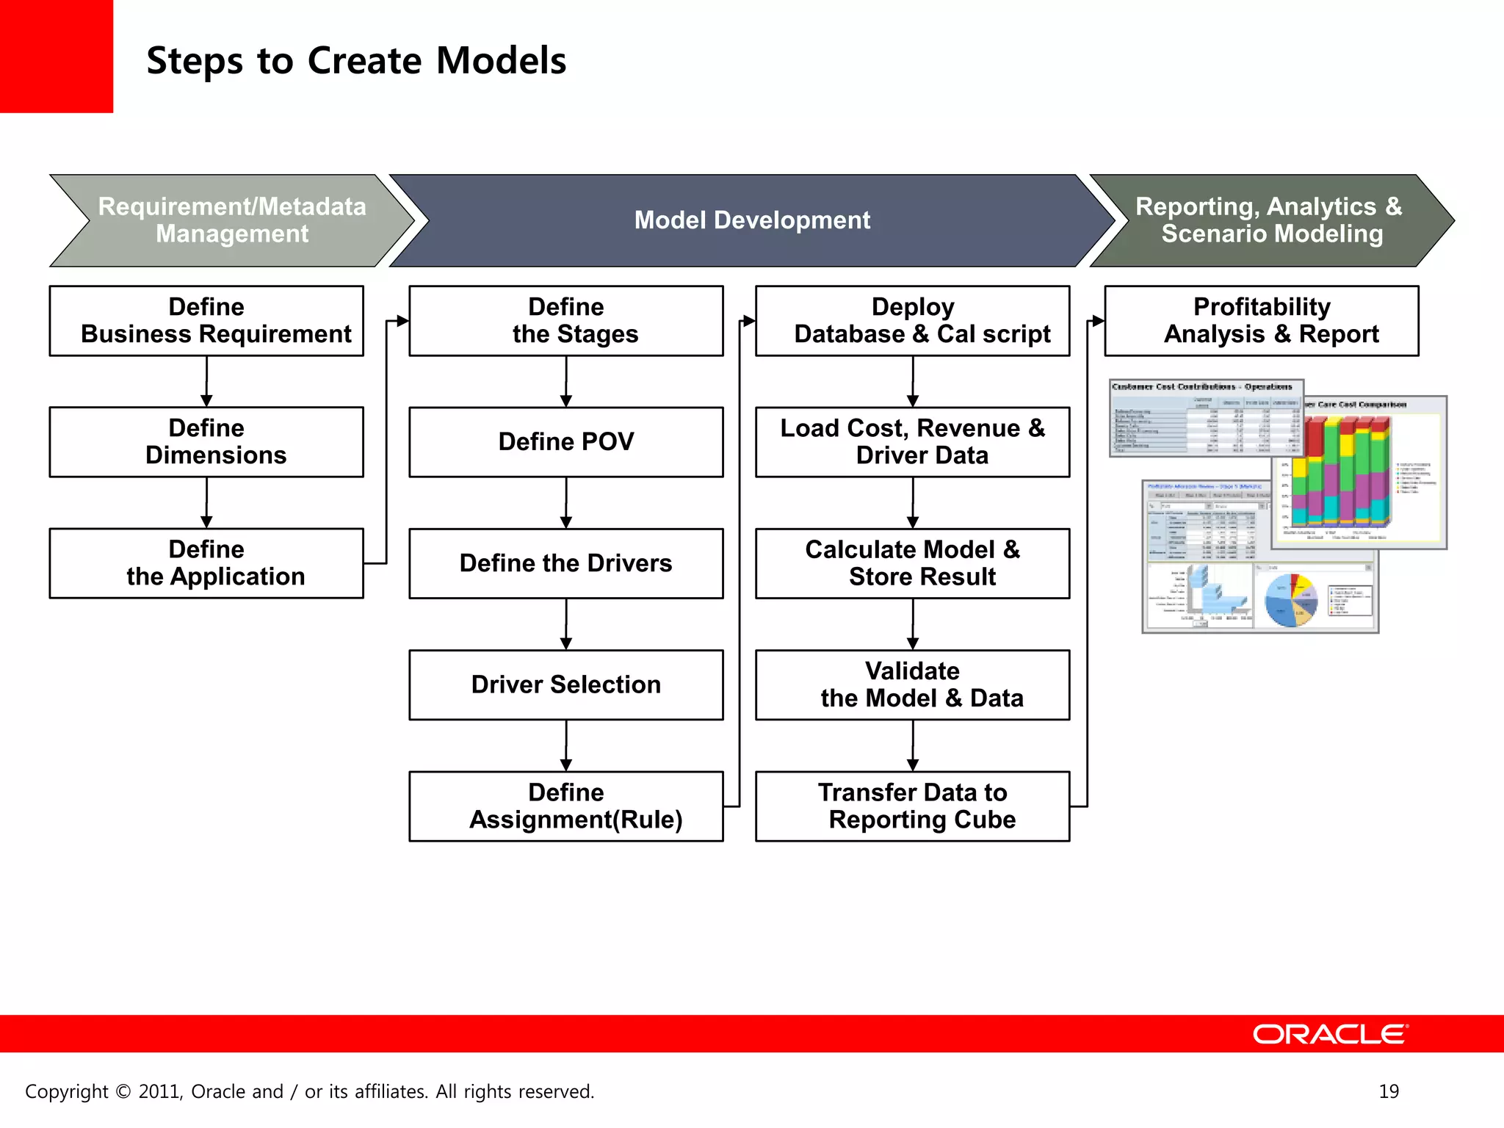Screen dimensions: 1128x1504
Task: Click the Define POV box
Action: [x=565, y=442]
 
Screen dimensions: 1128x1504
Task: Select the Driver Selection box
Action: [x=565, y=684]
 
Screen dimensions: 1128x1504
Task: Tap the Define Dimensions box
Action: [x=206, y=442]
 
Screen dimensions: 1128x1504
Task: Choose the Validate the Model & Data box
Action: [x=912, y=684]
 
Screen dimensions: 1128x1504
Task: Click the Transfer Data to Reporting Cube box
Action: [x=912, y=806]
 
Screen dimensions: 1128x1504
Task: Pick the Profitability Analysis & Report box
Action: [x=1261, y=321]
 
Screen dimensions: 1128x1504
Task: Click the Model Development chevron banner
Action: [x=751, y=220]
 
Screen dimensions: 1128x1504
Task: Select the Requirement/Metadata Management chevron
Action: [x=232, y=220]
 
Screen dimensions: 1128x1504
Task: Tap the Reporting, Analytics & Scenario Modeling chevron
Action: [x=1268, y=220]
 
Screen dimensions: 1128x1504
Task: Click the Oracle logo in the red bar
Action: [x=1330, y=1034]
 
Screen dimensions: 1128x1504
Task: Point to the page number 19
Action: [x=1389, y=1091]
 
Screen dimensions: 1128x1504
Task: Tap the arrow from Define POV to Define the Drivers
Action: [x=565, y=503]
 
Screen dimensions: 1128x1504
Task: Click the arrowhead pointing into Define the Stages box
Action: [x=402, y=321]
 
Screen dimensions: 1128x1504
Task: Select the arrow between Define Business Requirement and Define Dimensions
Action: [x=206, y=382]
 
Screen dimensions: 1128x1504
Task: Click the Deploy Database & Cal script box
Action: [x=912, y=321]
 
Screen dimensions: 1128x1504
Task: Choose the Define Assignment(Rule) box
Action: [x=565, y=806]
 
